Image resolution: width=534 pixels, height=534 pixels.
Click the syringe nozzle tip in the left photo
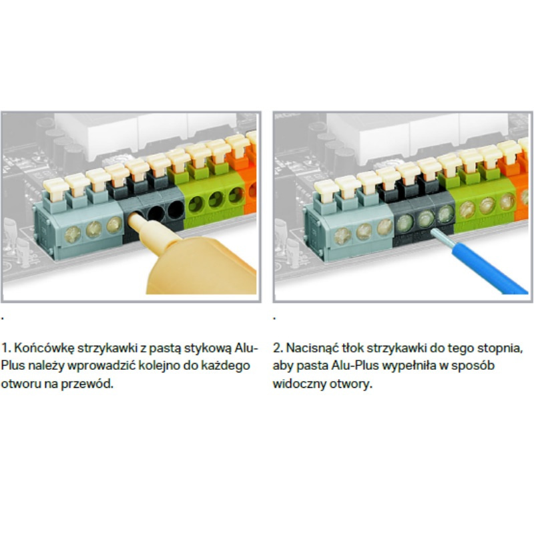[136, 219]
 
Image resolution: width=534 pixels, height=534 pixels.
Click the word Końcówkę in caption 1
[44, 348]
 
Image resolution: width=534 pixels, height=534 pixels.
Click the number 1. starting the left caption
[6, 348]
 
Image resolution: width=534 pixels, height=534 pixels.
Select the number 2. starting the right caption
[278, 348]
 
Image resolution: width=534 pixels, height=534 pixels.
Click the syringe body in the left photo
[201, 266]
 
